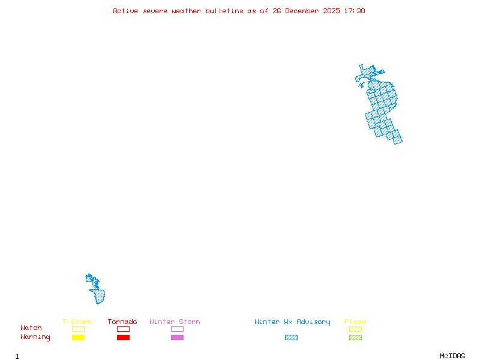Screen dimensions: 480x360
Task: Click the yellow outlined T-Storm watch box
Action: click(x=78, y=329)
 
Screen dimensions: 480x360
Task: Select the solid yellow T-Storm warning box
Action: click(x=78, y=337)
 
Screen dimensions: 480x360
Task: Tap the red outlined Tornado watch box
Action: click(x=123, y=329)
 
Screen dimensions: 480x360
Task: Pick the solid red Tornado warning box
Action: click(x=123, y=337)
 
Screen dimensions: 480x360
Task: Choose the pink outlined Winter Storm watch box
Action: click(x=177, y=329)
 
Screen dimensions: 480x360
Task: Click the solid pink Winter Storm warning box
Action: click(x=177, y=337)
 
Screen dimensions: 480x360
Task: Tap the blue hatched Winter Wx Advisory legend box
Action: click(x=291, y=337)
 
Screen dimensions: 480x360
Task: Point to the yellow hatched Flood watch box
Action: click(x=355, y=329)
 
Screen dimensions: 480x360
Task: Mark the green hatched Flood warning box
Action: click(x=355, y=337)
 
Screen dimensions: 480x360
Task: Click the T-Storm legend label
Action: click(x=77, y=322)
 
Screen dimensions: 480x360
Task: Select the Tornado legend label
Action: click(x=122, y=322)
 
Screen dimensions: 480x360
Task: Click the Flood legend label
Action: click(x=355, y=322)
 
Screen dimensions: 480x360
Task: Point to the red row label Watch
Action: click(x=31, y=328)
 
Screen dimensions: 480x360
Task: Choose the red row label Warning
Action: click(x=35, y=337)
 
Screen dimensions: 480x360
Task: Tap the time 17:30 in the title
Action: click(x=355, y=11)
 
